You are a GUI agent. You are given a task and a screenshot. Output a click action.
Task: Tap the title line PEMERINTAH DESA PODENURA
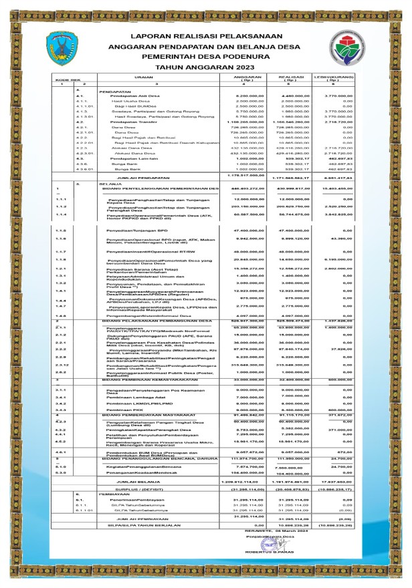(x=206, y=55)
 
